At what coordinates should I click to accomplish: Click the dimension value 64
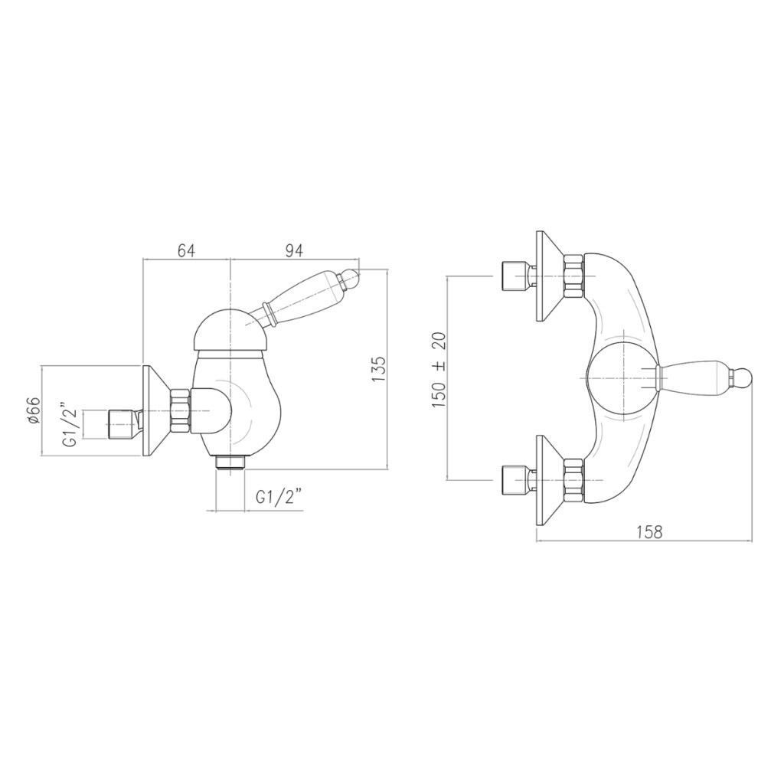click(x=185, y=251)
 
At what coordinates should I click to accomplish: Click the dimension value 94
click(x=293, y=251)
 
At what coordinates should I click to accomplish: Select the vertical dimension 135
click(x=378, y=370)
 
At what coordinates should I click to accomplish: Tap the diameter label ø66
click(x=33, y=411)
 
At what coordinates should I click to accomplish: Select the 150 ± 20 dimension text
click(x=439, y=369)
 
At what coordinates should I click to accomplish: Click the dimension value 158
click(x=648, y=531)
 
